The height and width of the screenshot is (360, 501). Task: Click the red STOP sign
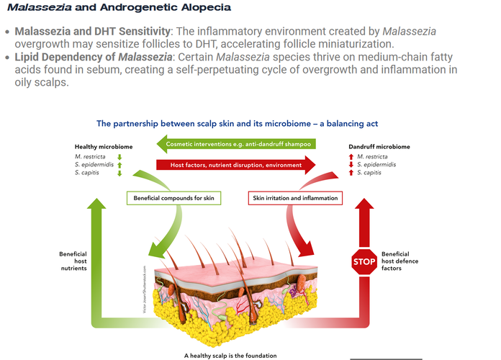[364, 262]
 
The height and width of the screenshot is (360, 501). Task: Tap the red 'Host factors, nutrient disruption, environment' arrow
[238, 166]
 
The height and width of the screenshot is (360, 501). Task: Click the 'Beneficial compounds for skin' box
[173, 197]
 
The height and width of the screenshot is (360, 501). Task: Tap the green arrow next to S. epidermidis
[119, 165]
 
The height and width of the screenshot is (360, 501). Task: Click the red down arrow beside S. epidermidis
[351, 165]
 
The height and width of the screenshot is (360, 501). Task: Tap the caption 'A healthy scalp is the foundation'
[230, 356]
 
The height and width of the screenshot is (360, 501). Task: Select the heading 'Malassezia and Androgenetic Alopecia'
[119, 8]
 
